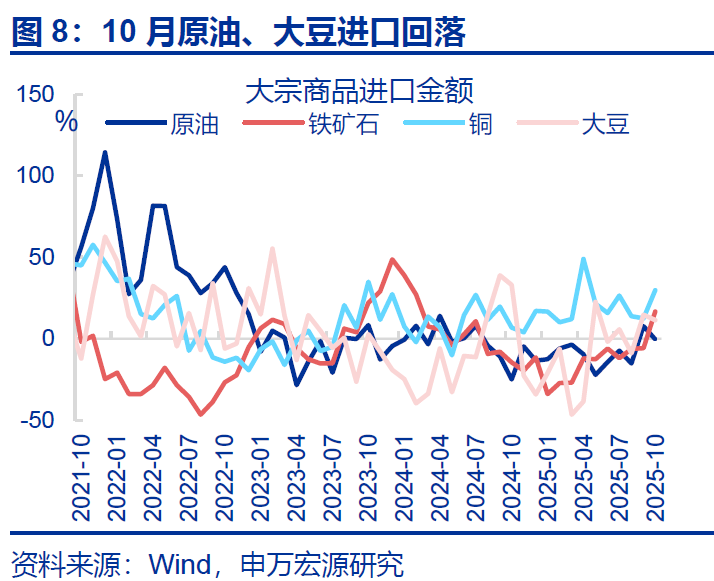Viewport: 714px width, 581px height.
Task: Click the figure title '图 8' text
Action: point(43,32)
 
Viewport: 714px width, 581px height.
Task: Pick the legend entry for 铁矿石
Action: point(343,124)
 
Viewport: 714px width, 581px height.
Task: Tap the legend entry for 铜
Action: point(480,124)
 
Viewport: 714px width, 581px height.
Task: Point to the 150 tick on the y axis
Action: point(37,94)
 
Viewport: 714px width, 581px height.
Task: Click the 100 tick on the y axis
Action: point(37,175)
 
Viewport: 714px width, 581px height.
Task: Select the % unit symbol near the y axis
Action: point(66,122)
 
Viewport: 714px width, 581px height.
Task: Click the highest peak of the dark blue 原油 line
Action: point(105,152)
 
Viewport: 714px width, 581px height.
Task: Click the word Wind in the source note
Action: point(180,564)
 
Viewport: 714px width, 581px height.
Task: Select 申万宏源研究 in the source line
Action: point(323,564)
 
